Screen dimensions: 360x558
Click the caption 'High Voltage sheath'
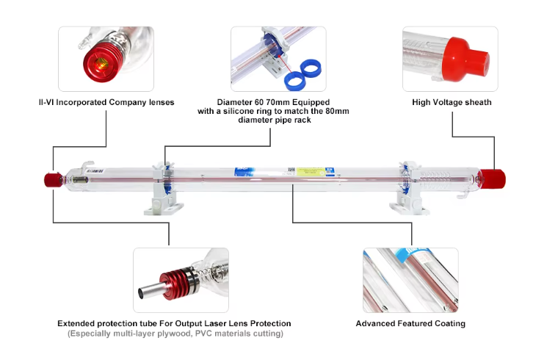tap(452, 102)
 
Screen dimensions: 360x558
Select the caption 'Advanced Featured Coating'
tap(410, 323)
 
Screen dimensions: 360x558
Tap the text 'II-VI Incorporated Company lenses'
tap(106, 102)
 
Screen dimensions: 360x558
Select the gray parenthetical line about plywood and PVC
tap(175, 334)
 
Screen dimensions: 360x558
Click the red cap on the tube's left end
tap(52, 179)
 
